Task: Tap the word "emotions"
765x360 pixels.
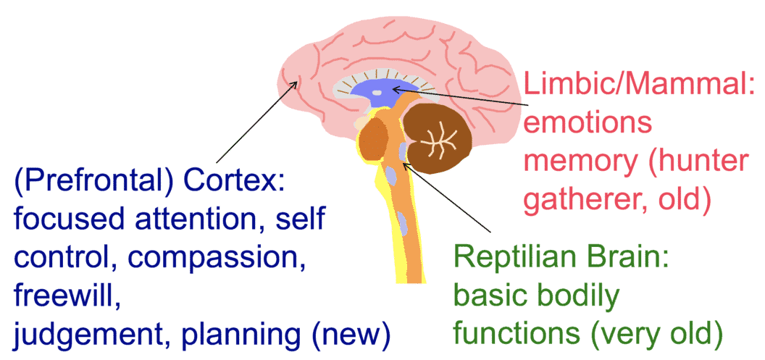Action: (588, 124)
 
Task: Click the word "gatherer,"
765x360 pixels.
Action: (585, 198)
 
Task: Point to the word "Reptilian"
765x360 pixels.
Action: (515, 259)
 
